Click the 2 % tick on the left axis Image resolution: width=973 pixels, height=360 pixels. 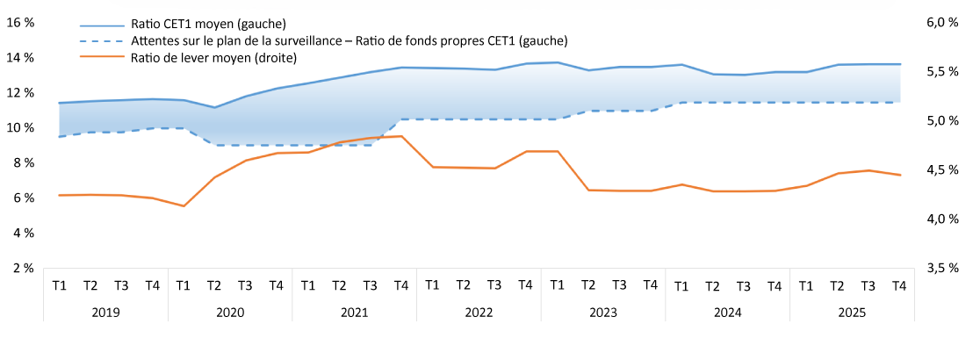[23, 268]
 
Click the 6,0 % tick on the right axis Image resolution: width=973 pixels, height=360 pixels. [941, 23]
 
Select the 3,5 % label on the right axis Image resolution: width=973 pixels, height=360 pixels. [941, 268]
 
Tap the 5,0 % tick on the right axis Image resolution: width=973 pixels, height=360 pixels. [941, 121]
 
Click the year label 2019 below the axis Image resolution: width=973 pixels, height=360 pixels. [105, 312]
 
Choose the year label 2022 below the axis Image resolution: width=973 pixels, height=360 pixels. [479, 312]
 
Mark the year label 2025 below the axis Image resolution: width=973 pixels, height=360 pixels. [852, 312]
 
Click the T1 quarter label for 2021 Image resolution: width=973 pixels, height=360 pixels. [307, 285]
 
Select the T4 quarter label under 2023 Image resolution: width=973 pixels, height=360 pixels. [650, 285]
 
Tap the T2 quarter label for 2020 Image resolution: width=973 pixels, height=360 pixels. [213, 285]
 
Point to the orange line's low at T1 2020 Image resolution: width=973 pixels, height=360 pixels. [184, 206]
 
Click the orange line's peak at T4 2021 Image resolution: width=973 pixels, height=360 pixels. [401, 136]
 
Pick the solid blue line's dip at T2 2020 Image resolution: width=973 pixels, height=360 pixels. [214, 107]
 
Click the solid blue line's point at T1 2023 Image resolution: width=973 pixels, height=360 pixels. [557, 62]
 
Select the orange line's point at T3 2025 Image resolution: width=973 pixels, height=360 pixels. [868, 170]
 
